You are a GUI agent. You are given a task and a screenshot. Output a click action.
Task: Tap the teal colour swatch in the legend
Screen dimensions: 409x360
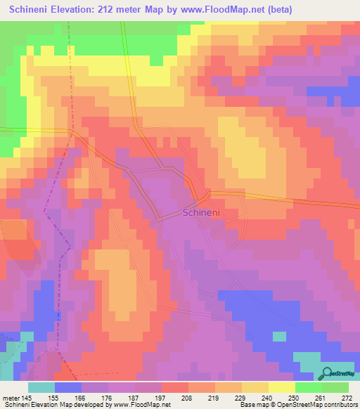[41, 387]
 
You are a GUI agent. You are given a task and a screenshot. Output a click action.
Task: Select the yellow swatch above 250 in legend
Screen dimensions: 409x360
[281, 387]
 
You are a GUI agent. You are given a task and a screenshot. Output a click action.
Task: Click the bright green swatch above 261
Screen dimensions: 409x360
[308, 387]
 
